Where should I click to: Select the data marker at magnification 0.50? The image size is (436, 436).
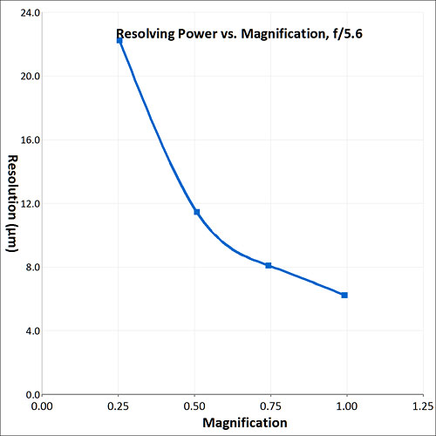pos(197,212)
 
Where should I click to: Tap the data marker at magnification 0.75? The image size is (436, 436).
pos(269,265)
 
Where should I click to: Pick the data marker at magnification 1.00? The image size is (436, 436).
pos(344,296)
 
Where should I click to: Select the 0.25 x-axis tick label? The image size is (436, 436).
pos(118,406)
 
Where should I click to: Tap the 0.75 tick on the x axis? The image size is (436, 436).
pos(270,406)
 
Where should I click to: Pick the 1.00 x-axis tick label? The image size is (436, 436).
pos(347,406)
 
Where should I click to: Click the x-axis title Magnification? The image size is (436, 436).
pos(245,423)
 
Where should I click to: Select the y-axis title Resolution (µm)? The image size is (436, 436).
pos(13,203)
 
